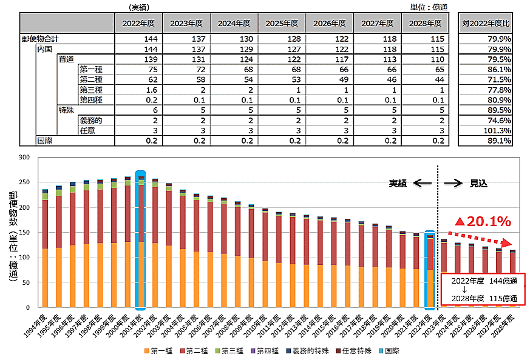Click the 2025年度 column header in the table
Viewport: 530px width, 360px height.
click(x=282, y=23)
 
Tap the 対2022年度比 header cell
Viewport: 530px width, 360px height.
click(x=486, y=23)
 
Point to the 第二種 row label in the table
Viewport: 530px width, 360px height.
click(x=91, y=79)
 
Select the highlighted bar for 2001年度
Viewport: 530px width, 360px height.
click(x=141, y=242)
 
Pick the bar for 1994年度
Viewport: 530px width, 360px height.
click(x=44, y=248)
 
